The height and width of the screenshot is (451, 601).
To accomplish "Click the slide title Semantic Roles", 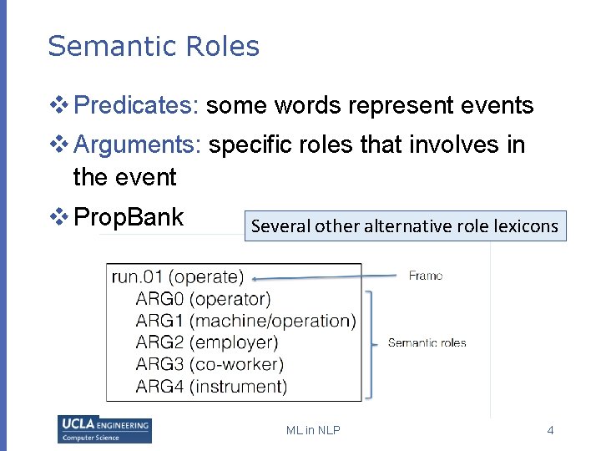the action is pos(154,47).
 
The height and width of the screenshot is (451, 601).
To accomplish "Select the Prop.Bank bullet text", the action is pos(129,218).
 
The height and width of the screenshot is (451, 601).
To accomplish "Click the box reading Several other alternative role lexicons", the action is pos(405,225).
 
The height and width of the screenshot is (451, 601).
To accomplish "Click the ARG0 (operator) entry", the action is pos(203,299).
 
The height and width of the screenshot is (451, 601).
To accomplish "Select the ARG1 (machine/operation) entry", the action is pos(245,321).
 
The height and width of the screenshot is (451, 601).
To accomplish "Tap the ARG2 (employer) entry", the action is pos(206,342).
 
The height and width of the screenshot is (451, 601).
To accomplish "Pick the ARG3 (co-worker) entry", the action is pos(210,364).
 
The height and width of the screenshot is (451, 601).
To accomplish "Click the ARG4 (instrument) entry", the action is pos(211,386).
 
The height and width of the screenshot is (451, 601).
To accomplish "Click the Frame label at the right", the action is pos(426,276).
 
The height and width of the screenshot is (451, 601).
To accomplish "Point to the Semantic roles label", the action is pos(427,342).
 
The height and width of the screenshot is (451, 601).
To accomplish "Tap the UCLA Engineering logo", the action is pos(104,429).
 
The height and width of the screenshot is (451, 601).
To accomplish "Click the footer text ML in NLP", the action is pos(313,430).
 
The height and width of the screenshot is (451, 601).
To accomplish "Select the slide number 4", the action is pos(550,430).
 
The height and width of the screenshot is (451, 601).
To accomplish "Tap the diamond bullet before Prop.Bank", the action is pos(60,218).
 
